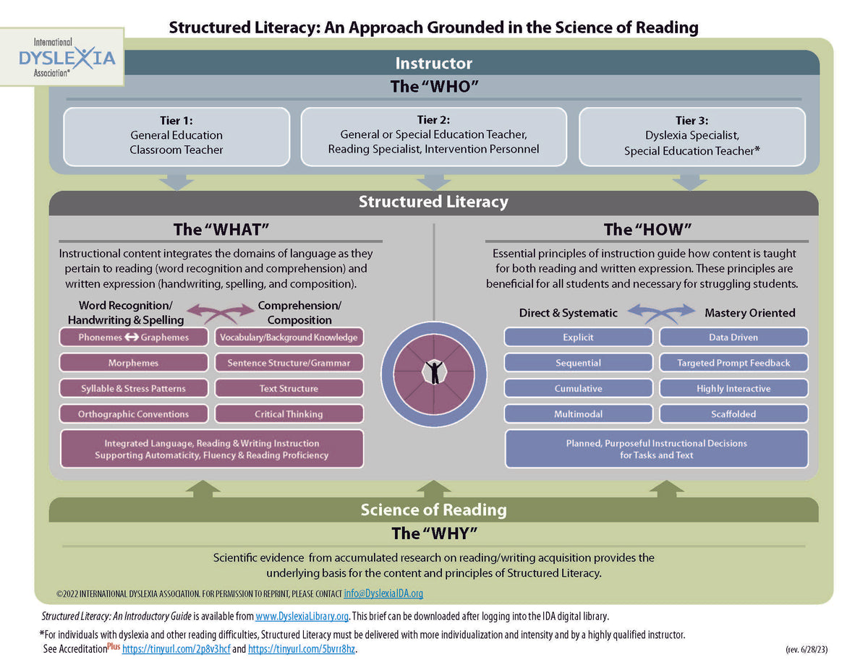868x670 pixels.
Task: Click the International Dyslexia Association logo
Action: (67, 56)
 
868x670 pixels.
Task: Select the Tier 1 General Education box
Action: (176, 136)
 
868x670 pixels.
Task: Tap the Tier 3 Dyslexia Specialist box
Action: (692, 137)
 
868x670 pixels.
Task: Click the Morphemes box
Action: (134, 363)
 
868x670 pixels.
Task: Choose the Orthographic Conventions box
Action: (134, 414)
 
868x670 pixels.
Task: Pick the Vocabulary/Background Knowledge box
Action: (289, 338)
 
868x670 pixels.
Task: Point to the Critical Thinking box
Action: (289, 414)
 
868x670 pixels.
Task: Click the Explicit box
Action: (578, 338)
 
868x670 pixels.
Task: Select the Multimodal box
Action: (578, 414)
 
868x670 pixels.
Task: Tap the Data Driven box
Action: (733, 338)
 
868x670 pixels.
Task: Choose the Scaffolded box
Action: (733, 414)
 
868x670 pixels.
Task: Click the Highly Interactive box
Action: (733, 389)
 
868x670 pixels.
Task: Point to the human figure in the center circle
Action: (434, 371)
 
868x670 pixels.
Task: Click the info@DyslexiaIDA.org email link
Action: (383, 593)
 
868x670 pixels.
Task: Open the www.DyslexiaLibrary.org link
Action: (302, 617)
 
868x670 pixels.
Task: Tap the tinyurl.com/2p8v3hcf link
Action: (176, 649)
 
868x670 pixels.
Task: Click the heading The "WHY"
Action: (434, 533)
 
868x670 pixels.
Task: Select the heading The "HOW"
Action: (647, 230)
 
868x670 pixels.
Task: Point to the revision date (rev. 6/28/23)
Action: (806, 649)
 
